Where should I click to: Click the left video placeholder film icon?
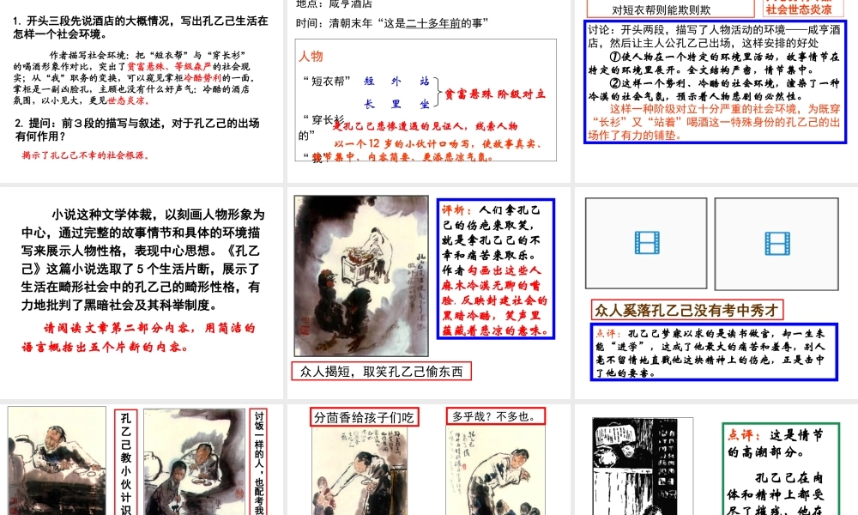point(646,243)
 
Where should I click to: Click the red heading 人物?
point(311,57)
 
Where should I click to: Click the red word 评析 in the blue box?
point(456,209)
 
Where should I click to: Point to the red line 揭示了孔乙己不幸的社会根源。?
point(86,155)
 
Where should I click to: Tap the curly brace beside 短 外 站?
point(439,93)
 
